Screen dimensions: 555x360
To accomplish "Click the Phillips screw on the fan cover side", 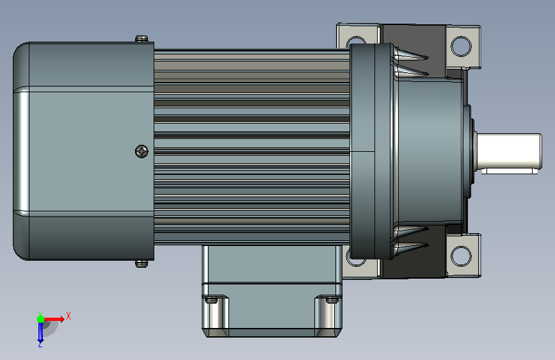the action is tap(142, 152).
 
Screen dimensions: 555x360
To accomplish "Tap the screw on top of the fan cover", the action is tap(141, 38).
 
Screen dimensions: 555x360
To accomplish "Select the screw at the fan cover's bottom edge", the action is tap(141, 264).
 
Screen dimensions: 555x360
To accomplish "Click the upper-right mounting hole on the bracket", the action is tap(461, 46).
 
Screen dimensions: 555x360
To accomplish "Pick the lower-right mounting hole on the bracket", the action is tap(461, 256).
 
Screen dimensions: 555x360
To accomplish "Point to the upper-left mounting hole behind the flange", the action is tap(355, 42).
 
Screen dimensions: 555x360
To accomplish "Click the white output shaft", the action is tap(508, 151).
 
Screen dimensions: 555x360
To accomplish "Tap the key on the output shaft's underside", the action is tap(510, 171).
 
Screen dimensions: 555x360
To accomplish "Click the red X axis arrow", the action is tap(54, 319).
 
